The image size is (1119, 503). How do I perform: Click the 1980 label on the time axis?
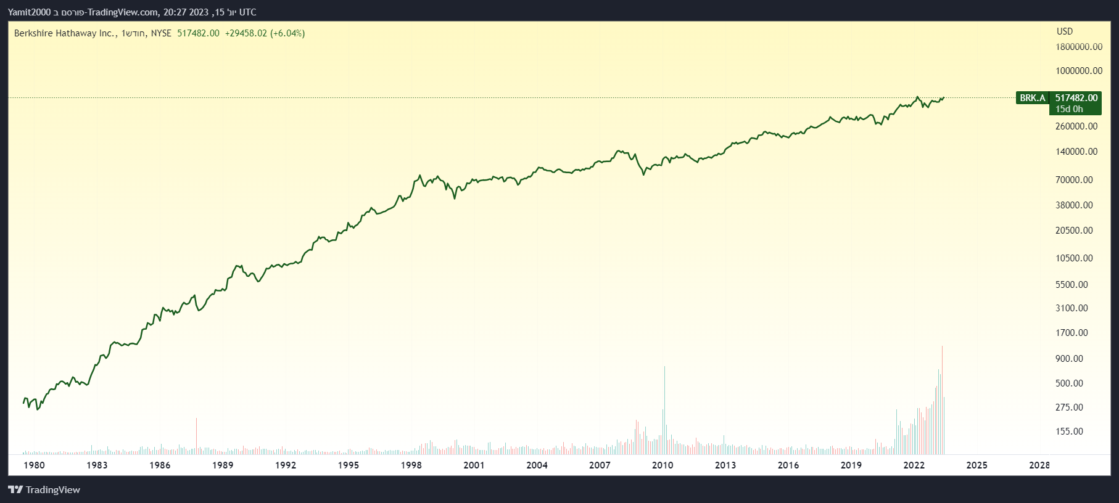tap(34, 465)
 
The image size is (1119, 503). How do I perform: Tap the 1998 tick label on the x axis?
tap(411, 465)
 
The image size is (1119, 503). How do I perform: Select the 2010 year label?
tap(663, 465)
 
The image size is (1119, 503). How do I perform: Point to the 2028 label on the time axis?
tap(1039, 465)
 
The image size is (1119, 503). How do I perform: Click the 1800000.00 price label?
tap(1079, 47)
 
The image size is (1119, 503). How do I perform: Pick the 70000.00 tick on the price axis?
tap(1074, 180)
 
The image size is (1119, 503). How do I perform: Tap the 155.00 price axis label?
tap(1069, 431)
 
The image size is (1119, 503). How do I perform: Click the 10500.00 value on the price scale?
tap(1074, 258)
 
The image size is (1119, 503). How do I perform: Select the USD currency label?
tap(1065, 31)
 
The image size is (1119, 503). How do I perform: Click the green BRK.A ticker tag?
tap(1033, 98)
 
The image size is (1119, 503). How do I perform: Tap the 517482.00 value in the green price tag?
tap(1076, 98)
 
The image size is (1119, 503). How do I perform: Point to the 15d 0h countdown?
tap(1069, 109)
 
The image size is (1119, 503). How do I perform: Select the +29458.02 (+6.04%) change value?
tap(265, 33)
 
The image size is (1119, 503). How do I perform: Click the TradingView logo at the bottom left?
tap(44, 490)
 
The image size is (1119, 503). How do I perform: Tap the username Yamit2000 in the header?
tap(29, 12)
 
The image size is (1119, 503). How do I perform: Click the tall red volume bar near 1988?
tap(196, 435)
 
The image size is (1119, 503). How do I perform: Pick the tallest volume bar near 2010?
tap(664, 410)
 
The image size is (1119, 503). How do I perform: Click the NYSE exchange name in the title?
tap(161, 33)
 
